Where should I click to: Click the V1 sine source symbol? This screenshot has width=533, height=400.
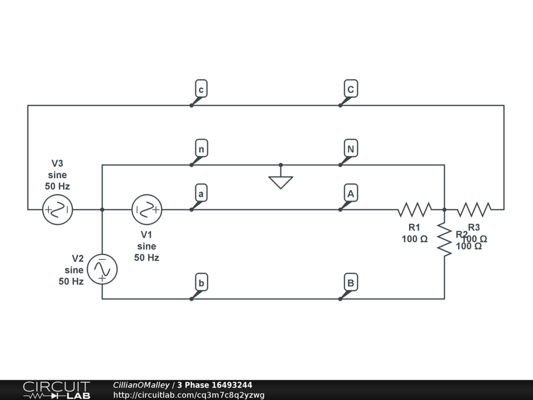tap(147, 210)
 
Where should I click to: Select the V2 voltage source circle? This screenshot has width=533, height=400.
tap(102, 269)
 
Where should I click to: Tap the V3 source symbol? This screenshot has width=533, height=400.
tap(57, 210)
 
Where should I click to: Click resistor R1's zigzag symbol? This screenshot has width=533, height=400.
tap(414, 209)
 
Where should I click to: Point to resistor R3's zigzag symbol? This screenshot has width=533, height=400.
tap(474, 209)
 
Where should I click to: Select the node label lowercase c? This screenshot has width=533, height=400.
tap(200, 90)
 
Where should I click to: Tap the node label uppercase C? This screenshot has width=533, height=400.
tap(351, 90)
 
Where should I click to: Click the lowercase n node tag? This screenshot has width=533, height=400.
tap(200, 149)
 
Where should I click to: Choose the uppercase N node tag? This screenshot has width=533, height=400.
tap(351, 149)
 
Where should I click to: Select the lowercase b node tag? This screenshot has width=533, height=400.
tap(200, 283)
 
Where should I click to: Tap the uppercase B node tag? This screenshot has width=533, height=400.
tap(351, 283)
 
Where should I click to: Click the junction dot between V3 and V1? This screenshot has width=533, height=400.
tap(102, 210)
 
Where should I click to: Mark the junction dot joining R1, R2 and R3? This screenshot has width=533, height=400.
tap(445, 210)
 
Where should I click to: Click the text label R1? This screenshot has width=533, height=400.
tap(414, 228)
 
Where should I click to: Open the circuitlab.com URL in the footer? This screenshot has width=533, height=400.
tap(189, 395)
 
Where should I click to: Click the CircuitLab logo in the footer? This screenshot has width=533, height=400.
tap(56, 390)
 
